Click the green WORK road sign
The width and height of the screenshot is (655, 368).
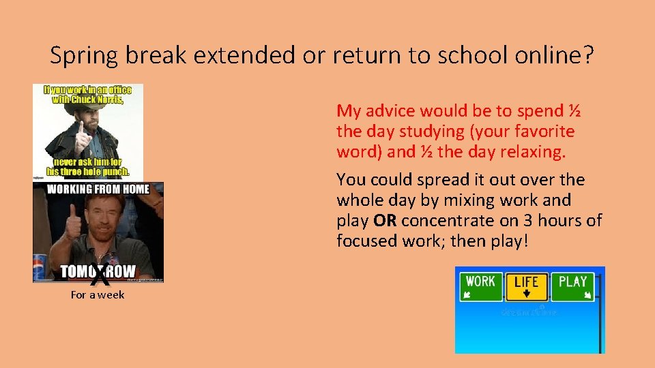(x=481, y=287)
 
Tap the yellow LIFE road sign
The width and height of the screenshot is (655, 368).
(x=526, y=287)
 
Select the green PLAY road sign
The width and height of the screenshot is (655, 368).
(x=573, y=287)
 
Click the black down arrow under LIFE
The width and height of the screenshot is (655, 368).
(x=526, y=294)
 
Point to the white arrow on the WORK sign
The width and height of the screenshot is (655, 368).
(x=467, y=295)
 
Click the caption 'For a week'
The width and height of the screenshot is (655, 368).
(x=98, y=295)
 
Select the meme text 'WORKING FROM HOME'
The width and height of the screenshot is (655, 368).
(x=98, y=189)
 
